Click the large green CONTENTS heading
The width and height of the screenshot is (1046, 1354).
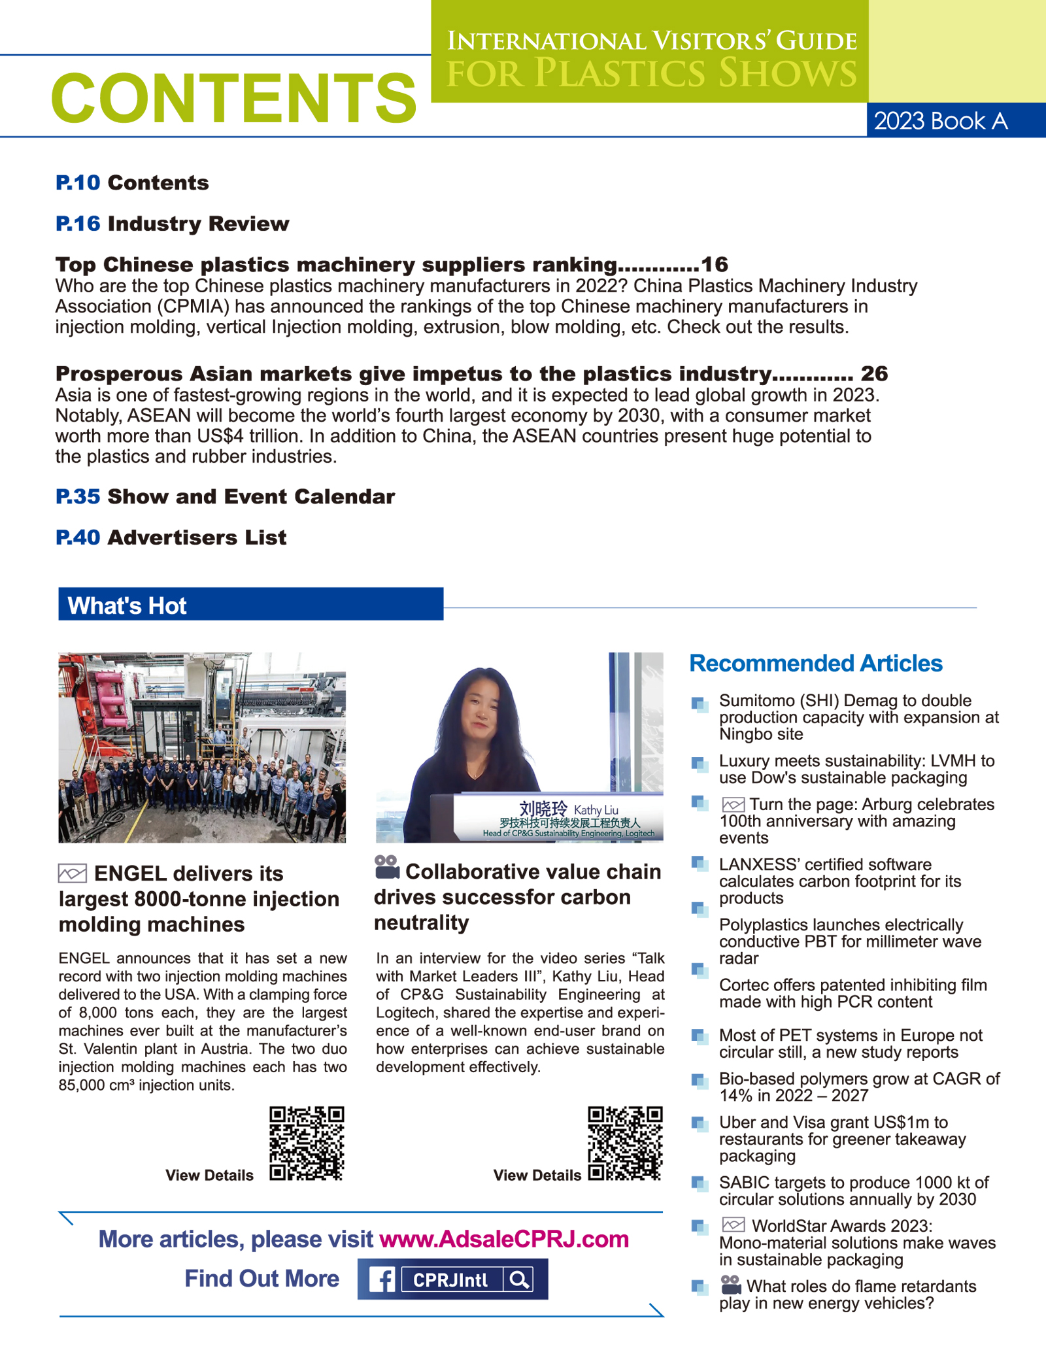point(233,98)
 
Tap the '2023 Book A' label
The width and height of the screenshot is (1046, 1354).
point(941,121)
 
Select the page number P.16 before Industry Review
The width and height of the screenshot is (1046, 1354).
point(78,224)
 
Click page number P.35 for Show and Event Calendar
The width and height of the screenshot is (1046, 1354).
point(78,496)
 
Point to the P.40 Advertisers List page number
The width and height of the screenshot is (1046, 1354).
point(78,537)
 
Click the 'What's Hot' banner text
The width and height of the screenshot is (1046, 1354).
point(127,606)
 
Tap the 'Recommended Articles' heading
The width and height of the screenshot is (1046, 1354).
point(816,663)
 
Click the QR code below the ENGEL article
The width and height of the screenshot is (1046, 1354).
point(307,1143)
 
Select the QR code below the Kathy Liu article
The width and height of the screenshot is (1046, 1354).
point(625,1143)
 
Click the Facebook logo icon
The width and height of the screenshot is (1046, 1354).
point(382,1279)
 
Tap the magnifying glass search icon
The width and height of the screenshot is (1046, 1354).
point(519,1279)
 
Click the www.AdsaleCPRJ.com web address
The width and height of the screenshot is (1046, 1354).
point(504,1239)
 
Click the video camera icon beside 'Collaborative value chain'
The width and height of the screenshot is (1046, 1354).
point(387,868)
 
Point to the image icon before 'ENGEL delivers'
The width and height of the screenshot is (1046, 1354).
point(73,873)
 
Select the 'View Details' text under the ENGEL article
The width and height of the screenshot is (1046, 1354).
point(209,1175)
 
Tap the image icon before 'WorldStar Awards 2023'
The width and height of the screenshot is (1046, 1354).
point(734,1225)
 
